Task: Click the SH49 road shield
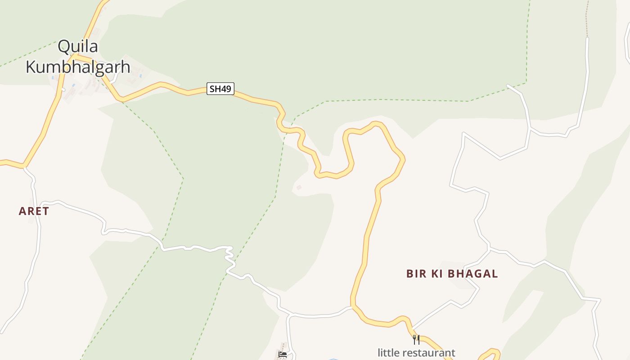[x=220, y=89]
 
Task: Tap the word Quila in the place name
[x=78, y=46]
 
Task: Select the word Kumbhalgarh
[x=78, y=67]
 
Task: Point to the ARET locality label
[x=34, y=211]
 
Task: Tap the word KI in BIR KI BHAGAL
[x=438, y=274]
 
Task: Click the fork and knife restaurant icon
[x=416, y=339]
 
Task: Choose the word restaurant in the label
[x=429, y=353]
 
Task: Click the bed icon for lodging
[x=283, y=355]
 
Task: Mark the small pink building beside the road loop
[x=299, y=187]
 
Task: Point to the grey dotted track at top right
[x=587, y=18]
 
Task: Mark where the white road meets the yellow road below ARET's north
[x=24, y=167]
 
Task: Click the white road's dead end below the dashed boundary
[x=508, y=85]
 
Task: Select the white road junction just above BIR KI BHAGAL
[x=489, y=248]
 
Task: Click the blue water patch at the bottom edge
[x=333, y=359]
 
